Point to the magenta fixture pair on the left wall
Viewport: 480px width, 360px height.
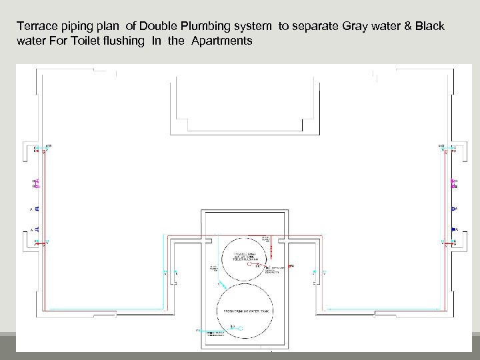coord(36,183)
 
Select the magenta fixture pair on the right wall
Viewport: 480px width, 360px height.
coord(454,183)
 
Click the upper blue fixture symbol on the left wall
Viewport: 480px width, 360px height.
coord(37,209)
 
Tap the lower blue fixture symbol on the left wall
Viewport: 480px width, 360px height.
coord(37,229)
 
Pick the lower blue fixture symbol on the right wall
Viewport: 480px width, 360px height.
coord(454,229)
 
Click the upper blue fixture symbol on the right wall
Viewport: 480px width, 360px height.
coord(454,209)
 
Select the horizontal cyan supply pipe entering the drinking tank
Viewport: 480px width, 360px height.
coord(213,331)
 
